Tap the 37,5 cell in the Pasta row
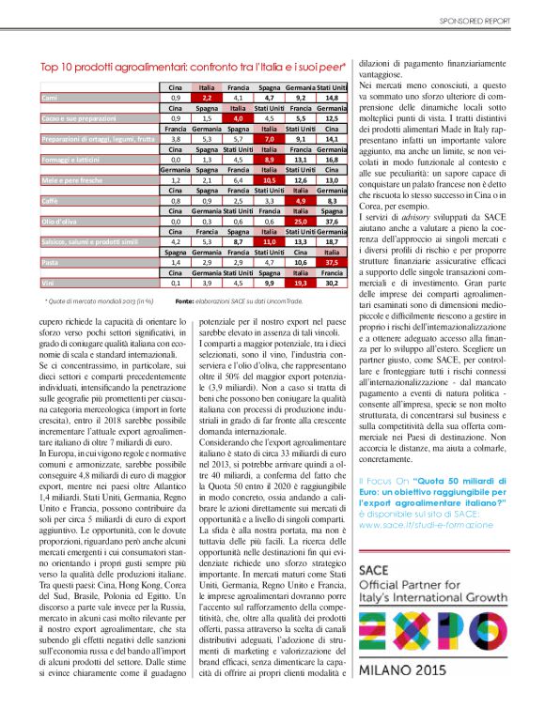click(x=330, y=262)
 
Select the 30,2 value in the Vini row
click(x=330, y=282)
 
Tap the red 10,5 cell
click(x=268, y=179)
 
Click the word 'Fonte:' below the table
click(x=184, y=300)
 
